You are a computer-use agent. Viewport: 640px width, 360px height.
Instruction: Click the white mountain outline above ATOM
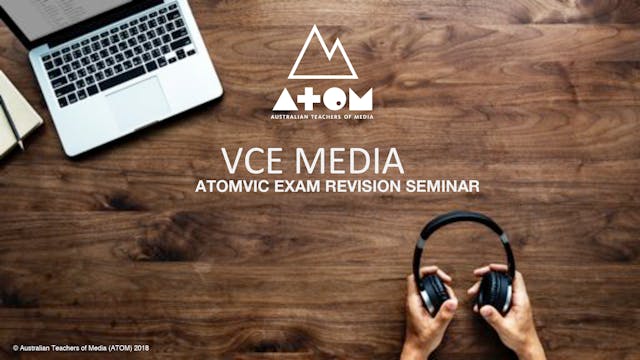322,54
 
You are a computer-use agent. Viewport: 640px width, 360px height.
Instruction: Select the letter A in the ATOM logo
284,98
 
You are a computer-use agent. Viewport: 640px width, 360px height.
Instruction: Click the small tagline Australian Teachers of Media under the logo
322,117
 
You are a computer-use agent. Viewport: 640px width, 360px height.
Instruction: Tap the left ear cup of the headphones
433,293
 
